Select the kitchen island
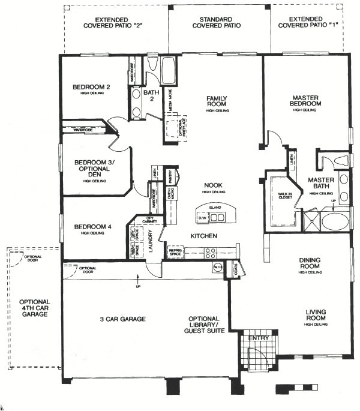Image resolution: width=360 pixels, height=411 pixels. [x=215, y=213]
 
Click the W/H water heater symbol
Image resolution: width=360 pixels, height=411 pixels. [x=217, y=266]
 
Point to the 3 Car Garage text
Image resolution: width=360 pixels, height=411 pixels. [x=122, y=319]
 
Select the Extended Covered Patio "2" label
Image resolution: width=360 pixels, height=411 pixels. [x=114, y=23]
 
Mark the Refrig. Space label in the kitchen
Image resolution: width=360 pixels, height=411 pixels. [x=175, y=253]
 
